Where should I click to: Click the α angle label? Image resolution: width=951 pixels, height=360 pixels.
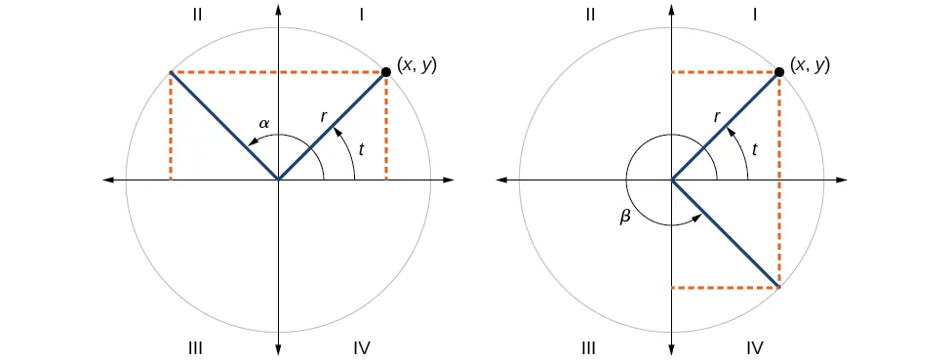click(263, 124)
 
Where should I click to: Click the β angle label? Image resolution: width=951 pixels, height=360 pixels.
click(626, 218)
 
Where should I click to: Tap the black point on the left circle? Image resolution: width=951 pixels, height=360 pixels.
click(386, 71)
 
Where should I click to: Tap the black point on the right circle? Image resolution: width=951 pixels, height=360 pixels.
click(779, 71)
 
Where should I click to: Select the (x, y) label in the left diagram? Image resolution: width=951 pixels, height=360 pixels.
click(416, 65)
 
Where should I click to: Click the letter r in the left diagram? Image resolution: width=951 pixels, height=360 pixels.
click(324, 116)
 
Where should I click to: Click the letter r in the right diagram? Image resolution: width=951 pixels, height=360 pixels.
click(717, 116)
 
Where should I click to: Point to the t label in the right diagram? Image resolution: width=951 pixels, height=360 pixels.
click(754, 149)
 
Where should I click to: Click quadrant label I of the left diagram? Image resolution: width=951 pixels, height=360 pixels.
click(362, 15)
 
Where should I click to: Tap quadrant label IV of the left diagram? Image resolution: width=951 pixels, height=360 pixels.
click(362, 347)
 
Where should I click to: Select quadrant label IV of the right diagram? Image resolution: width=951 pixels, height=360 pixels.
click(755, 347)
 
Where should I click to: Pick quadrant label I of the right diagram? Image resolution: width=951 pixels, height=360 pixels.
click(755, 15)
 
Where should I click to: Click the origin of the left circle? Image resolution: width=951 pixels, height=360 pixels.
click(279, 180)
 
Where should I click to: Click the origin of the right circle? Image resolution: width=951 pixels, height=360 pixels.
click(672, 180)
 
